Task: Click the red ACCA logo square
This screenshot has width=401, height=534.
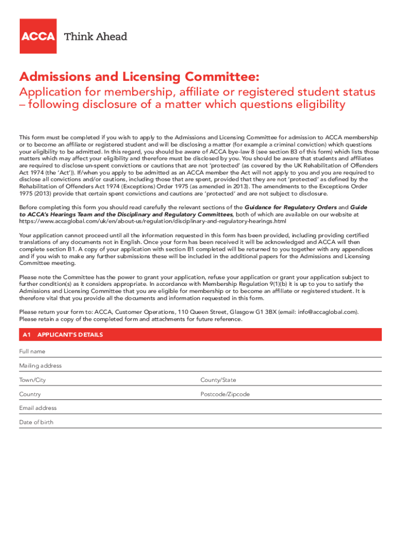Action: coord(38,36)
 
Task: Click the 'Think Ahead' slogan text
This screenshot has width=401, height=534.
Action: coord(95,37)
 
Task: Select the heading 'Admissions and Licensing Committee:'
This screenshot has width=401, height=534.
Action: coord(139,77)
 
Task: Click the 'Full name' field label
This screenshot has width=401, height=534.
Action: coord(32,351)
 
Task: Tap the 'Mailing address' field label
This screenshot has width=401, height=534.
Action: coord(41,366)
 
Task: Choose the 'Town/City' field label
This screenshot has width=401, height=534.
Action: coord(33,380)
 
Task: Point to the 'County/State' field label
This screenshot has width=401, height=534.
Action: coord(218,380)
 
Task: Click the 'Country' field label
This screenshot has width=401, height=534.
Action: coord(30,394)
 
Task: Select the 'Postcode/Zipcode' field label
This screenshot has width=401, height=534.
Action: coord(225,394)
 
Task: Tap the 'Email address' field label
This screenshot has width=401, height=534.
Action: coord(38,408)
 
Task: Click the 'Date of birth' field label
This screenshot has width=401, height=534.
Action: coord(36,422)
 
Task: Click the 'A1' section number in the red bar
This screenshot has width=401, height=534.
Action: coord(27,335)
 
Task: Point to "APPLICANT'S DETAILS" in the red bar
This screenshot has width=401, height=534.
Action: coord(70,335)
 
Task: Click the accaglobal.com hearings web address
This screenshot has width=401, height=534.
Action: coord(153,221)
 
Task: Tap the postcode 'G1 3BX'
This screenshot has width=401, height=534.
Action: coord(264,312)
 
